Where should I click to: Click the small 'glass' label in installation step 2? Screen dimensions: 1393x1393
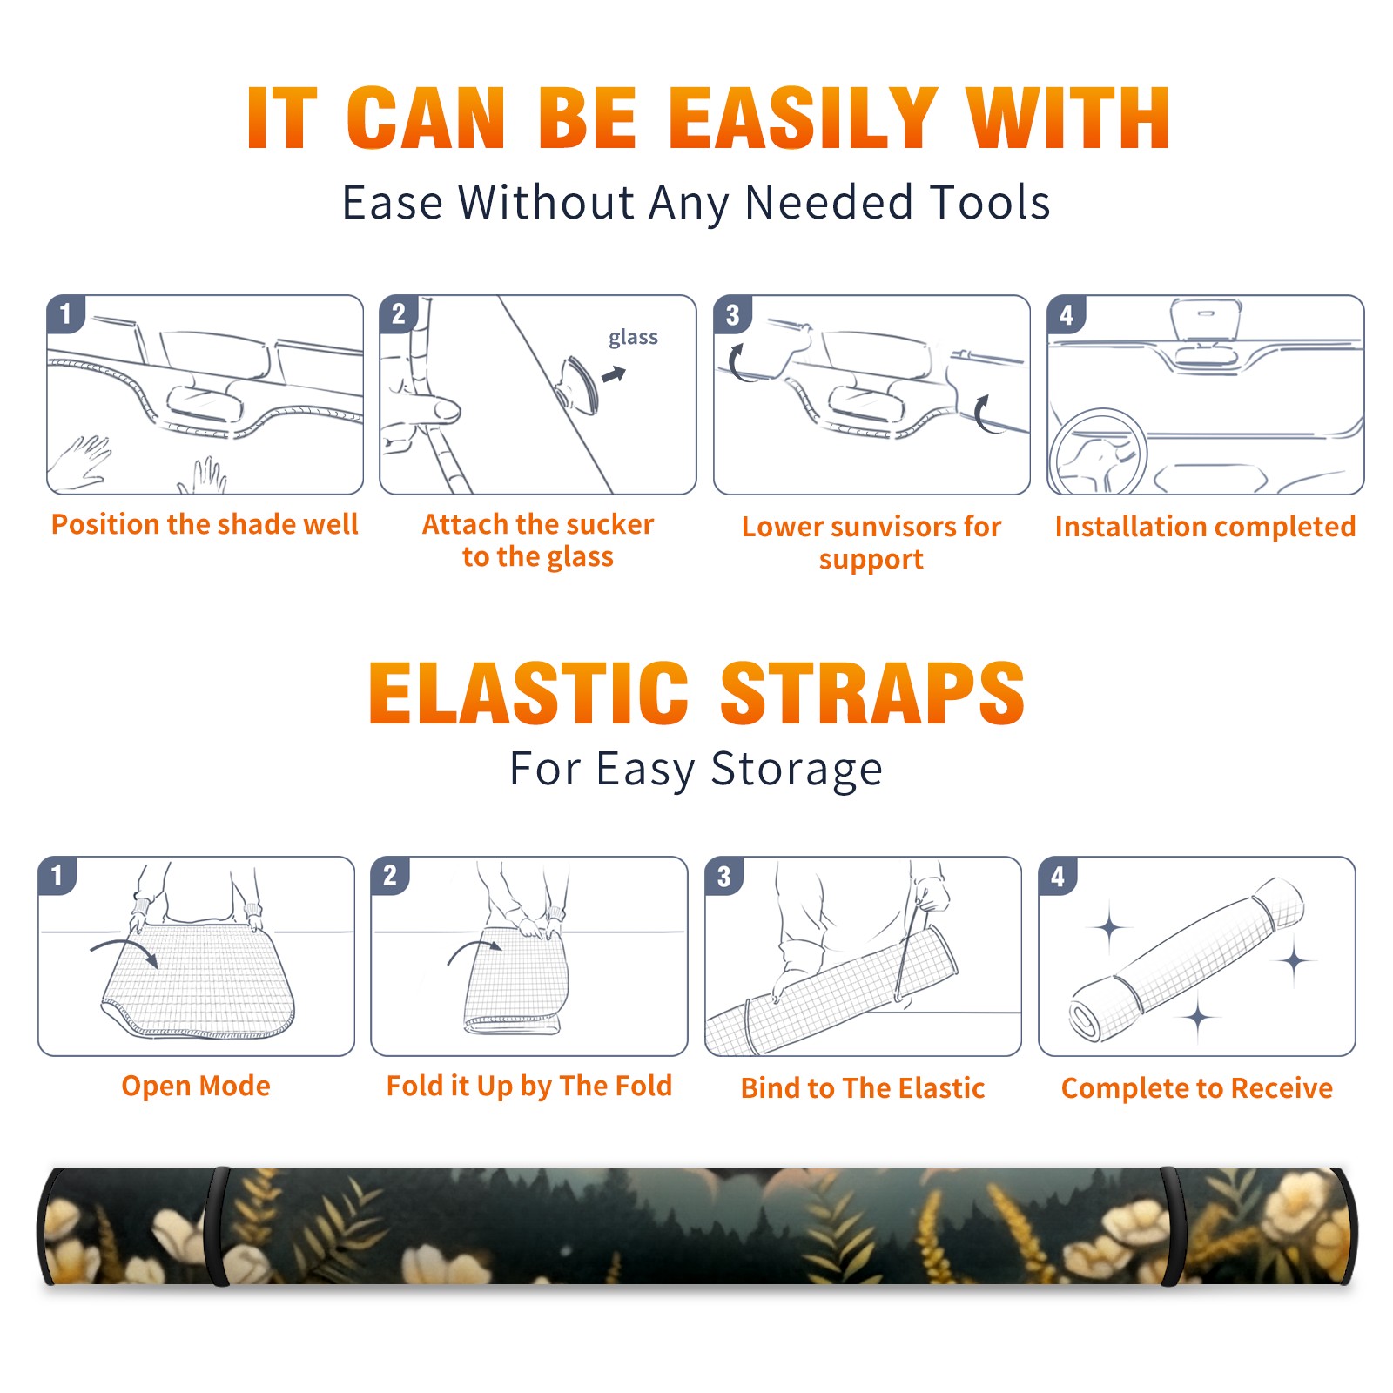633,338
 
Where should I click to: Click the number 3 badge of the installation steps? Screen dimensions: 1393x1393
732,315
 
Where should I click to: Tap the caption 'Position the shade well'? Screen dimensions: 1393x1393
205,524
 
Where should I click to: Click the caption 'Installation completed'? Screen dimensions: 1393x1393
1205,527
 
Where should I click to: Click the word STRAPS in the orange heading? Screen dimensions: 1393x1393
872,693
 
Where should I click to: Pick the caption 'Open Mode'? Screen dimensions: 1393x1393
196,1086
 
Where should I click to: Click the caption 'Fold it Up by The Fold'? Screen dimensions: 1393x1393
529,1086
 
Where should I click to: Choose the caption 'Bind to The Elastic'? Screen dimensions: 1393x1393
863,1088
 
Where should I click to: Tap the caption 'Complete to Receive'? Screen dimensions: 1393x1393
1197,1088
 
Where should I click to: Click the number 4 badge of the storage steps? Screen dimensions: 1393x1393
1058,876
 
